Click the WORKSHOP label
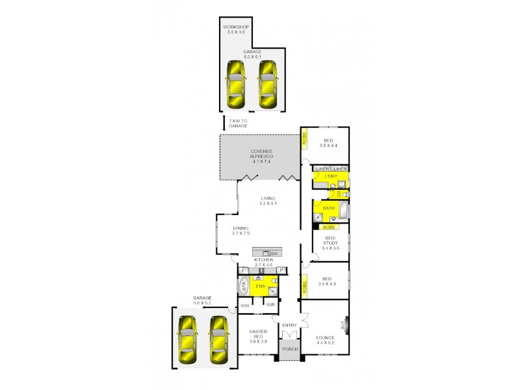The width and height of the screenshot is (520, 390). click(236, 27)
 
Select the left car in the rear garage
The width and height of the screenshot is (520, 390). click(236, 84)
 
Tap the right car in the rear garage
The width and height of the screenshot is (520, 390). click(268, 84)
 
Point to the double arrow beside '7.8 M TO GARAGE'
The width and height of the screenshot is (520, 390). click(224, 123)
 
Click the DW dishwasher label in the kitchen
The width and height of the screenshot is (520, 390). click(275, 252)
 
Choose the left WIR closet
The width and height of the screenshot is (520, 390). click(246, 304)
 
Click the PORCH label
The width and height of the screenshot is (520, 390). click(291, 349)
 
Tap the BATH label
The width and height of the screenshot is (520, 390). click(329, 208)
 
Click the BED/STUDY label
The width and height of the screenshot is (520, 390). click(331, 242)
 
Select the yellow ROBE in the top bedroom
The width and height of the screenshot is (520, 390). click(304, 139)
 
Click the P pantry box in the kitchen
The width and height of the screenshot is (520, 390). click(282, 270)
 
